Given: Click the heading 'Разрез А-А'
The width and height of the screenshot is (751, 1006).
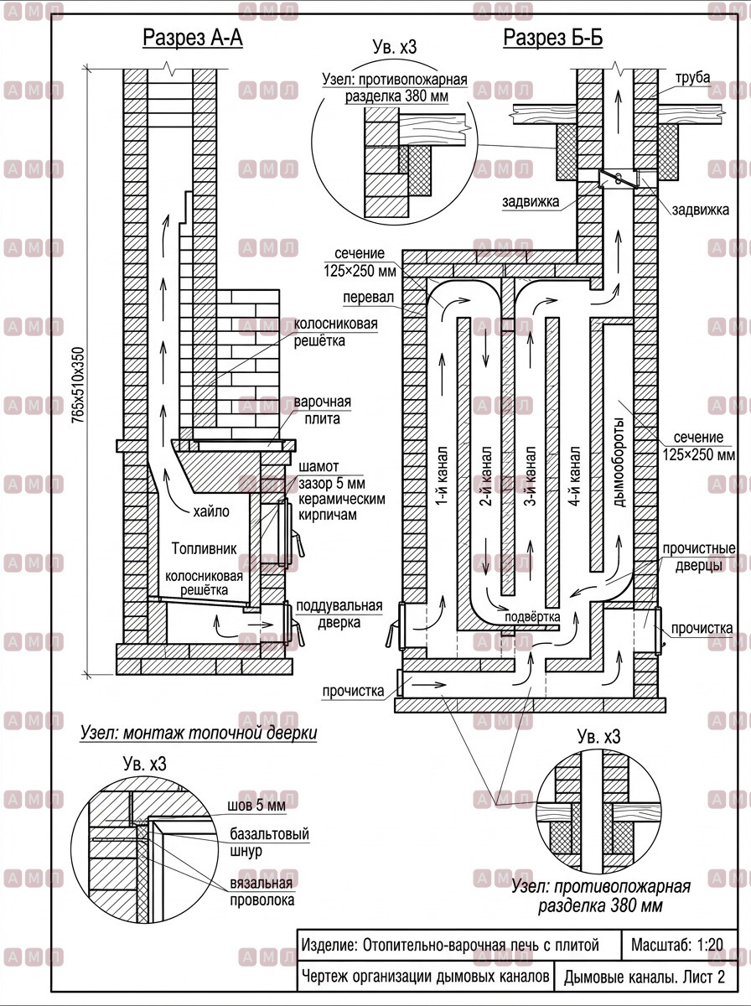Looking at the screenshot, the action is (193, 38).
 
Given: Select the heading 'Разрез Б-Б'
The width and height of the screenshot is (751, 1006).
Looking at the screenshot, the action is (553, 38).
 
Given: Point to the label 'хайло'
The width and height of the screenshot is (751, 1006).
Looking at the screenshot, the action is (211, 511).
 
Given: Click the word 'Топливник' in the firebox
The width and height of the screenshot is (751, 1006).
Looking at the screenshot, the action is (205, 548).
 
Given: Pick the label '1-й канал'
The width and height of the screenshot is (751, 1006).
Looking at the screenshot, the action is (441, 477).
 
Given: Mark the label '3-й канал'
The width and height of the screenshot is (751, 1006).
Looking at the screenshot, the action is (531, 477).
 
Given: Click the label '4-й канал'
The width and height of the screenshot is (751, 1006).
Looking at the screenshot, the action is (575, 477).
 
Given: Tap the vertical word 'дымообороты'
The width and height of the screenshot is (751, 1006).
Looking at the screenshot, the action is (619, 462).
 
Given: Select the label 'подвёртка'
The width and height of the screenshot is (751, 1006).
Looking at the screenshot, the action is (532, 616).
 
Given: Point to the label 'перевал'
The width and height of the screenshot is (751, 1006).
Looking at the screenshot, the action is (369, 298).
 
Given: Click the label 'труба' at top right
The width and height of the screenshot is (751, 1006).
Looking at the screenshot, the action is (693, 78).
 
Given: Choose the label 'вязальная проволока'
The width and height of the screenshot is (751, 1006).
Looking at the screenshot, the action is (262, 891).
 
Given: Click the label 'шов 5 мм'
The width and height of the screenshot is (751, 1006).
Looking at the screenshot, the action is (256, 806).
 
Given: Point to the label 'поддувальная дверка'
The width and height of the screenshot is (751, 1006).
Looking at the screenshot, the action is (339, 614).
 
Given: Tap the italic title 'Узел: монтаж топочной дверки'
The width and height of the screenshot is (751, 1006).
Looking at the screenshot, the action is (199, 733).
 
